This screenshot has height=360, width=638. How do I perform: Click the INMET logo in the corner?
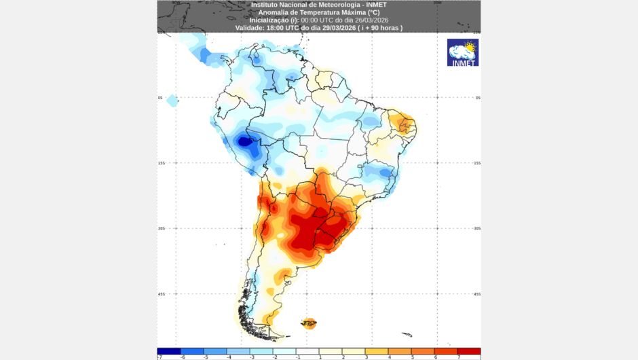point(463,52)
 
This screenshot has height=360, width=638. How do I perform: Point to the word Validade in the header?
point(250,28)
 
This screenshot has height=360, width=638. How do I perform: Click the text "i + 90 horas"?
point(381,28)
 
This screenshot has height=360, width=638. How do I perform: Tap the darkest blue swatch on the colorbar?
point(168,351)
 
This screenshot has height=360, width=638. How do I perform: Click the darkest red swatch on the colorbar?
point(469,351)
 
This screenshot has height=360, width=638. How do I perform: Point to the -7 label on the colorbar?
point(159,357)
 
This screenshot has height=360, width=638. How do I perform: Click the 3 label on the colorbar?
point(366,357)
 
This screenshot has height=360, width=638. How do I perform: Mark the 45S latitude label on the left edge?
point(161,294)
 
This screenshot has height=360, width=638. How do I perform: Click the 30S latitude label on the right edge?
point(477,229)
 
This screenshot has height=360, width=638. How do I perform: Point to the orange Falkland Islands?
point(309,323)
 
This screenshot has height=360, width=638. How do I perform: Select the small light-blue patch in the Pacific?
point(172,101)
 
